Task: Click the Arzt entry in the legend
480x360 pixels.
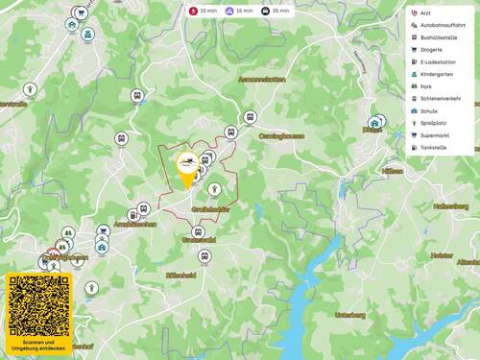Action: (x=425, y=13)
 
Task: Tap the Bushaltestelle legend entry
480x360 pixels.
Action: (x=435, y=37)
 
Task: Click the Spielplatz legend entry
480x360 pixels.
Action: (x=431, y=123)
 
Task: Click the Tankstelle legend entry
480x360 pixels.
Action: (x=432, y=148)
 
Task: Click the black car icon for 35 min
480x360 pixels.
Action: (x=265, y=11)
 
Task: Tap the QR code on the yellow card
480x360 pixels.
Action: (x=39, y=305)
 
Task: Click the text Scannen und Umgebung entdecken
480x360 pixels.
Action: (x=39, y=344)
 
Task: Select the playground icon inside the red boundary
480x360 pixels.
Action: (x=214, y=189)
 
